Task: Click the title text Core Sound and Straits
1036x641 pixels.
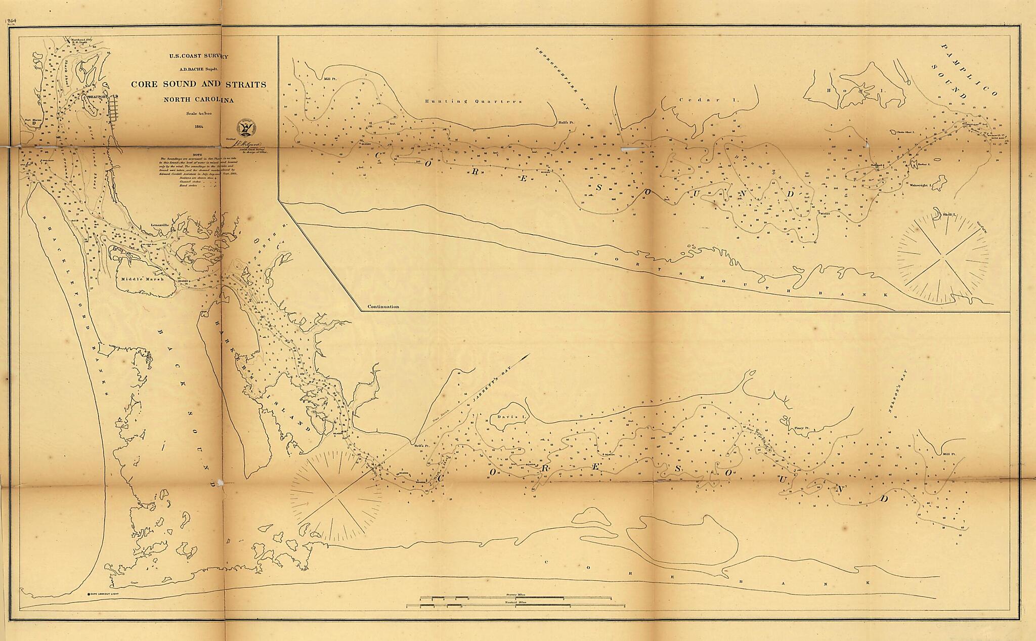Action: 198,84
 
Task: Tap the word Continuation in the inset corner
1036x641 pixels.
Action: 383,307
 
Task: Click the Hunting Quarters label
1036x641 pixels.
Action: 472,101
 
